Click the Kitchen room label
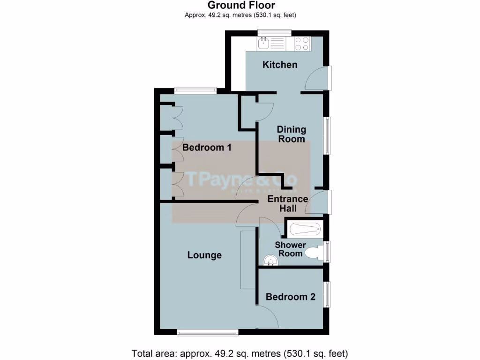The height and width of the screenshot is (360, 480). (x=280, y=65)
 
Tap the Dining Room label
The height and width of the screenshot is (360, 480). (x=292, y=134)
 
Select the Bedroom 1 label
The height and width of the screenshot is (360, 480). (x=207, y=148)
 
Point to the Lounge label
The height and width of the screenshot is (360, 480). (x=204, y=255)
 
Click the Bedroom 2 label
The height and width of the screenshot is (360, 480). (x=291, y=297)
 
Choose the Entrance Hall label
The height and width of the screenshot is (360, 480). (x=288, y=204)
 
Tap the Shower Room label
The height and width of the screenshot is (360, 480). (x=290, y=249)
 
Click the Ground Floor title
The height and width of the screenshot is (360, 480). (x=241, y=5)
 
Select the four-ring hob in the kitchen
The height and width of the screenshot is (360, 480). (x=301, y=44)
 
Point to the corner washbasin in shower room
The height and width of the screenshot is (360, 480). (x=270, y=261)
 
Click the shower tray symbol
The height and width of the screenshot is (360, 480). (x=305, y=230)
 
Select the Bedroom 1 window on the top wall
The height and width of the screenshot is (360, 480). (x=195, y=90)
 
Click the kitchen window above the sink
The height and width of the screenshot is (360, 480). (x=275, y=32)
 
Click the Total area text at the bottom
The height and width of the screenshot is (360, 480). (x=240, y=353)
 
